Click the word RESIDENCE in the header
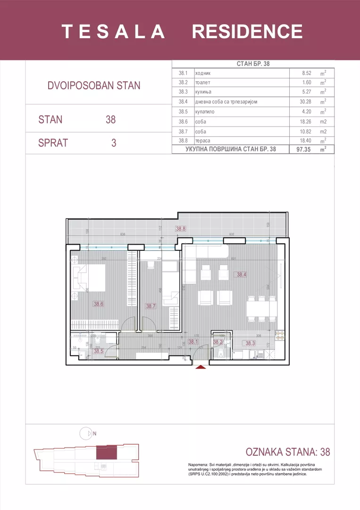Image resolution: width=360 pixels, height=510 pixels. (x=247, y=32)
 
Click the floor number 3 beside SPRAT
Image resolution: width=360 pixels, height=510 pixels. (x=113, y=143)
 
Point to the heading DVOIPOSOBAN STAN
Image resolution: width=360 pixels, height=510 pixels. (x=94, y=85)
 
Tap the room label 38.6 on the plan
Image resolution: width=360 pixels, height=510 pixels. (x=98, y=304)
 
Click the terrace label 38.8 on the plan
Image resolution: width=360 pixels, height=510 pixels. (x=181, y=229)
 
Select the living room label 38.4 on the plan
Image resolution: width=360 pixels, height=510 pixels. (x=242, y=274)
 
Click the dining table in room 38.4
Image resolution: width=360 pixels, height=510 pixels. (x=261, y=309)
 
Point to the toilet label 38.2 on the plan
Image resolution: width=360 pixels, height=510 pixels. (x=218, y=342)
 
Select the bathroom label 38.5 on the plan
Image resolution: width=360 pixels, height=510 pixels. (x=98, y=351)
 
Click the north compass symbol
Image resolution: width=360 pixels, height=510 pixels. (x=86, y=432)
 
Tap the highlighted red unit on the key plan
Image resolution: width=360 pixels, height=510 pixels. (x=106, y=452)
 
